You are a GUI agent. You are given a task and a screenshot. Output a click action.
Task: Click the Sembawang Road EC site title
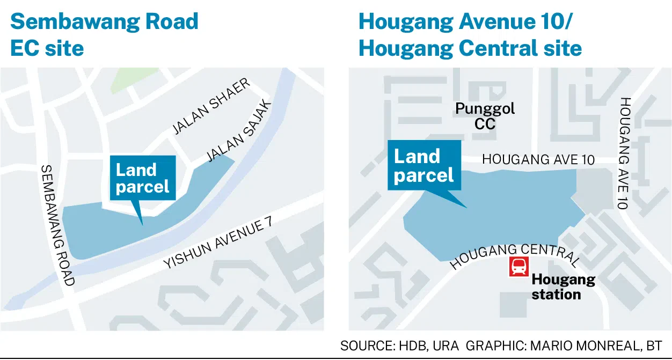pos(104,35)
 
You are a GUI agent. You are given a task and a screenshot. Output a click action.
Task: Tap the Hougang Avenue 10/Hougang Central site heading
pos(470,35)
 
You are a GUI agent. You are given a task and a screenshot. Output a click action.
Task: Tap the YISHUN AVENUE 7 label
pos(214,244)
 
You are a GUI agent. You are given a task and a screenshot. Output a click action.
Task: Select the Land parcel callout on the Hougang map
pos(424,166)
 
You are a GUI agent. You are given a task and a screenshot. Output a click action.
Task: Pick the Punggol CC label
pos(485,116)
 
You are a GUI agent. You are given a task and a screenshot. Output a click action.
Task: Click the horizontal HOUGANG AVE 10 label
pos(538,159)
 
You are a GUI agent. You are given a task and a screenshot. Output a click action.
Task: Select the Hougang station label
pos(563,287)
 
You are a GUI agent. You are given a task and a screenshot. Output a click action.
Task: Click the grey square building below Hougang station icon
pos(513,304)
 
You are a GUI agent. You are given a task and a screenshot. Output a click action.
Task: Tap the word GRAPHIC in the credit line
pos(495,346)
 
